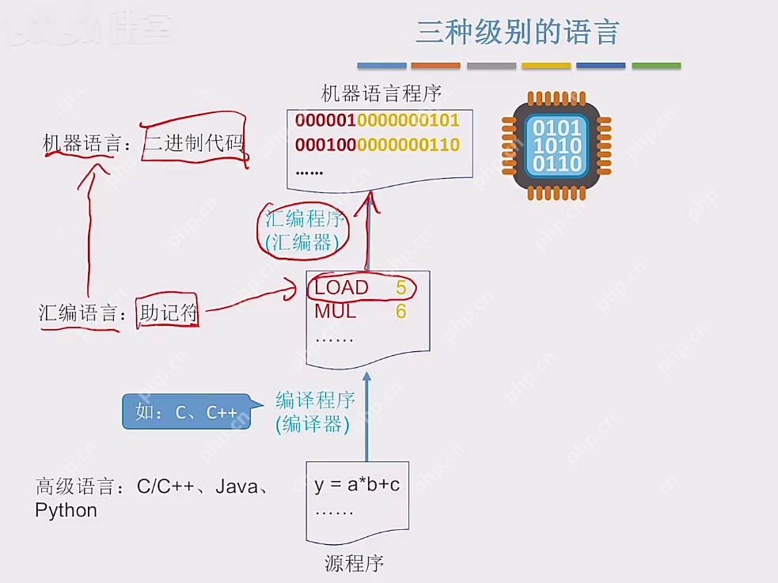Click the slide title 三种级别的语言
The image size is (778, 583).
[517, 32]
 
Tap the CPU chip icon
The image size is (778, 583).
[557, 146]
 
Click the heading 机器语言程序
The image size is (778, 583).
[381, 93]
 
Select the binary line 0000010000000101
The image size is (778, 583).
[377, 121]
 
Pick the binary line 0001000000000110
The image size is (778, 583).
[377, 145]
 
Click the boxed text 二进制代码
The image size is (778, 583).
[194, 143]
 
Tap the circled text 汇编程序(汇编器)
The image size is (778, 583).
[305, 231]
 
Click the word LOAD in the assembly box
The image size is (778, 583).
[341, 288]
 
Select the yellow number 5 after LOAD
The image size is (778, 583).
[401, 288]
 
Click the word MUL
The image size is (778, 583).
[335, 312]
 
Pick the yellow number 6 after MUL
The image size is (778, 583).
[401, 312]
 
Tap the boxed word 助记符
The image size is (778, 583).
[168, 312]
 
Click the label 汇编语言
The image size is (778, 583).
[77, 312]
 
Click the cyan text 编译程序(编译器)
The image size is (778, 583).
[314, 412]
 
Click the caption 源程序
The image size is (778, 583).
[354, 563]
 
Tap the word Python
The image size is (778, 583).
[66, 510]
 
